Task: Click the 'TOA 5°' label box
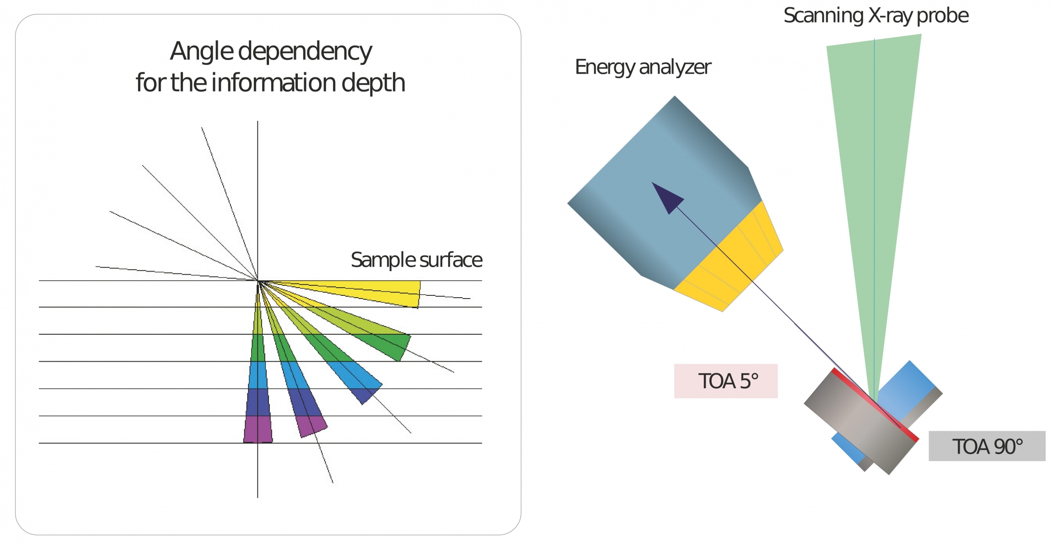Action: click(x=725, y=381)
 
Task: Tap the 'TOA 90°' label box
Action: click(x=987, y=446)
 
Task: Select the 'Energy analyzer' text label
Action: click(x=643, y=67)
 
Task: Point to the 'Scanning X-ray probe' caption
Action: click(x=876, y=16)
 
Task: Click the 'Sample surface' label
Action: click(x=416, y=260)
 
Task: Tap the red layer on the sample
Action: click(x=875, y=405)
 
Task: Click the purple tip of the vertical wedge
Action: click(x=258, y=429)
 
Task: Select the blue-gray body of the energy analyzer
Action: click(x=663, y=192)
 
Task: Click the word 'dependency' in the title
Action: click(x=305, y=52)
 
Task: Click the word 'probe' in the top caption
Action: click(x=943, y=16)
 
